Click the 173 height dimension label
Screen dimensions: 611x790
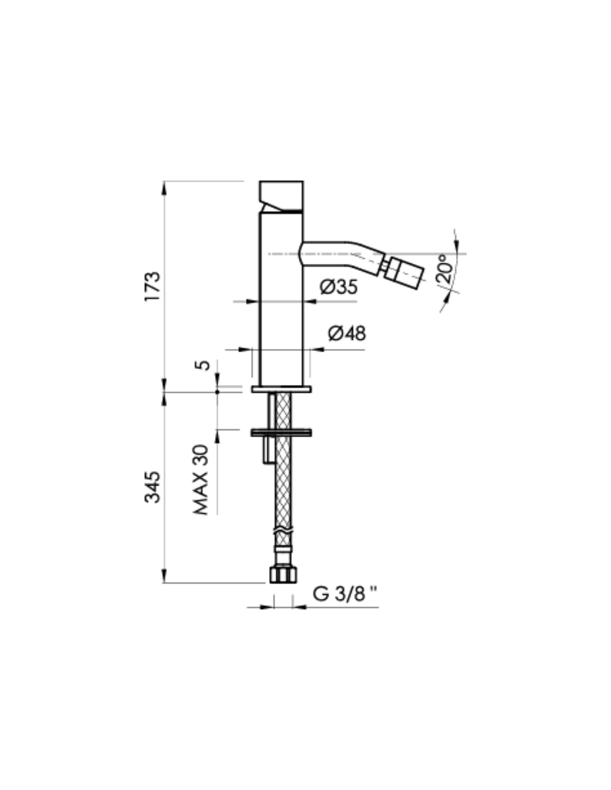tap(152, 286)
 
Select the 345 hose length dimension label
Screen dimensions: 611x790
tap(152, 487)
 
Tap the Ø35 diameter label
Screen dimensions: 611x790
tap(339, 287)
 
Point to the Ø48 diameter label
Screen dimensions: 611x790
tap(347, 333)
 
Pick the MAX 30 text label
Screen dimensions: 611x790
tap(202, 480)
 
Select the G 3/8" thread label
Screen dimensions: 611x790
tap(344, 594)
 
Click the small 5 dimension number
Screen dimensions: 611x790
tap(203, 365)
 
